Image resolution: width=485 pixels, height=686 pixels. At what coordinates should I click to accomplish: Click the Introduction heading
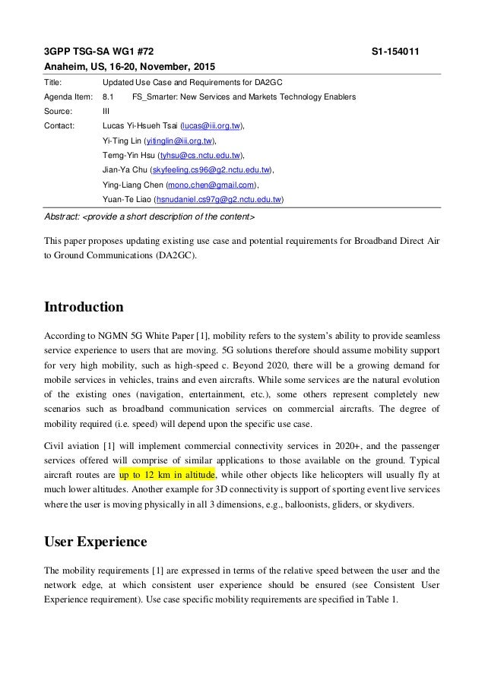(83, 308)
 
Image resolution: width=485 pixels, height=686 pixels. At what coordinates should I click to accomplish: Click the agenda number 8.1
(108, 96)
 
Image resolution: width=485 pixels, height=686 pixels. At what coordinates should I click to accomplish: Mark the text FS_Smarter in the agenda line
(151, 96)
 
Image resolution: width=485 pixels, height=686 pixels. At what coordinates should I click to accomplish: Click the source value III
(106, 111)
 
